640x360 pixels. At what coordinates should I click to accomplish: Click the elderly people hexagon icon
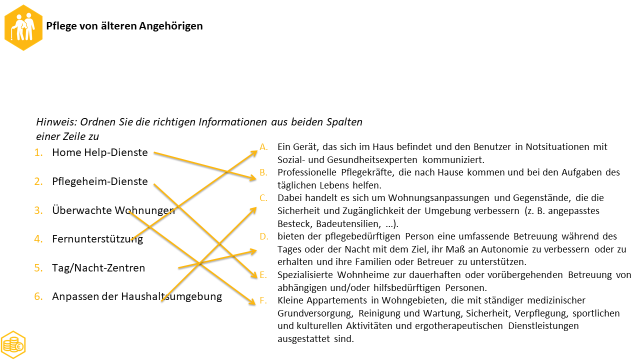23,27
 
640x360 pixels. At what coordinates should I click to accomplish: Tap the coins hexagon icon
13,344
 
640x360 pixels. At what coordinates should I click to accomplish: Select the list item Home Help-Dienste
99,152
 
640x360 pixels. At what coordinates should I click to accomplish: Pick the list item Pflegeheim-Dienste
99,181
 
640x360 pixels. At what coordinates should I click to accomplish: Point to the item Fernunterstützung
97,239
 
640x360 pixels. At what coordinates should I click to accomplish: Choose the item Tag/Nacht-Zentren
98,268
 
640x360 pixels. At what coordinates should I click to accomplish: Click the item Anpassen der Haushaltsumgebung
136,296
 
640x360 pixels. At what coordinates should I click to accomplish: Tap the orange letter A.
263,146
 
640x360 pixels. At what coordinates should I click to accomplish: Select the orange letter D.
263,236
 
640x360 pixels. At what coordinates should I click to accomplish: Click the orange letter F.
263,300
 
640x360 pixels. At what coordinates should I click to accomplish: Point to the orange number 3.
38,210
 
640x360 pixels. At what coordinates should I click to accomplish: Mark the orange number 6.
38,296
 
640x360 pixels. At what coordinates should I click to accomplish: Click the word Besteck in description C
293,223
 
